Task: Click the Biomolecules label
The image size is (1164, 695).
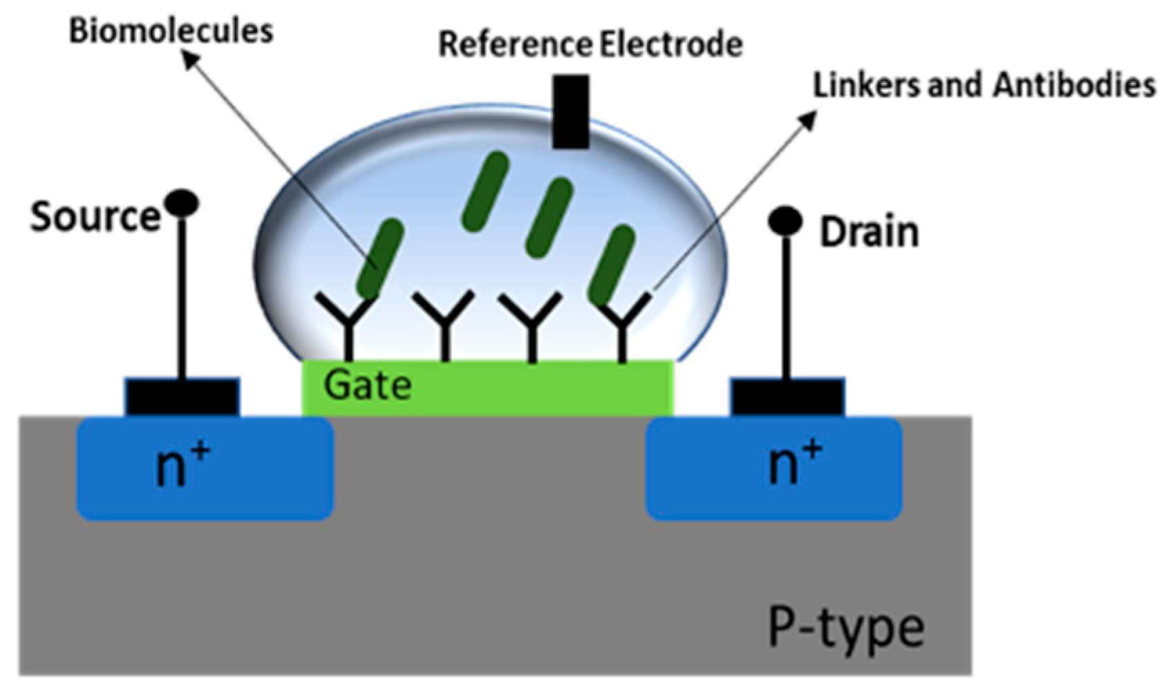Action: tap(171, 31)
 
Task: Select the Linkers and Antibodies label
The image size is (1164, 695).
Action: tap(984, 86)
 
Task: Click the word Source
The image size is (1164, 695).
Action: tap(95, 217)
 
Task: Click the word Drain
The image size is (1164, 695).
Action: tap(869, 233)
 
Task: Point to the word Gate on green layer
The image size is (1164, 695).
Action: tap(367, 385)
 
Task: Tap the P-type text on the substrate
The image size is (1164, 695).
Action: tap(847, 627)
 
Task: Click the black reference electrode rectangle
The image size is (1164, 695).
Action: tap(571, 112)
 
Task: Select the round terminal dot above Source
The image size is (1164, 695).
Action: tap(181, 203)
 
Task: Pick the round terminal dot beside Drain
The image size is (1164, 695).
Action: tap(785, 221)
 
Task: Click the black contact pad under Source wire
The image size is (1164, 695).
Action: tap(182, 397)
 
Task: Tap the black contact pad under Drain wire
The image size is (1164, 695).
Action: tap(787, 397)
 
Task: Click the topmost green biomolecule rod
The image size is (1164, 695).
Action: tap(485, 191)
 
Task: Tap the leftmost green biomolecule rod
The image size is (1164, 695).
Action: tap(379, 256)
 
